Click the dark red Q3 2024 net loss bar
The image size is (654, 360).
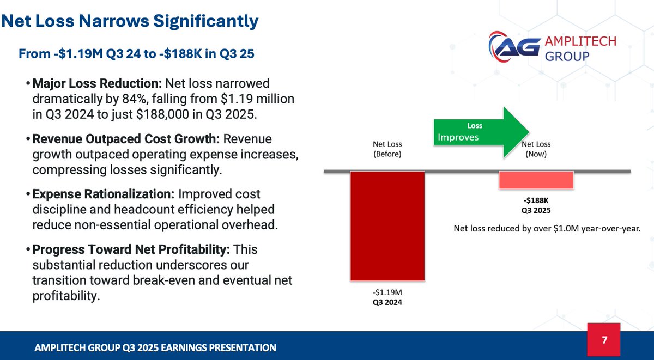tap(387, 226)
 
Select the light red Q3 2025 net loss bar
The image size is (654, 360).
tap(536, 180)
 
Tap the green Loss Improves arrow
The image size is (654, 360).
tap(481, 132)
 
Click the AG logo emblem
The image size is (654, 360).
tap(514, 47)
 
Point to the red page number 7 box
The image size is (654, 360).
tap(604, 340)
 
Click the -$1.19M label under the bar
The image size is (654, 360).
tap(387, 292)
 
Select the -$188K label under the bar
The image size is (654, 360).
tap(536, 200)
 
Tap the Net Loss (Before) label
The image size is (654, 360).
tap(387, 149)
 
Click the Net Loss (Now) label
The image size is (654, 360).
tap(536, 149)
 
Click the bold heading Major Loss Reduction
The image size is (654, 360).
tap(97, 83)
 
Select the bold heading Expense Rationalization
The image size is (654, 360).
tap(104, 194)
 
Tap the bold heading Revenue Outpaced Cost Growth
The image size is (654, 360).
tap(126, 139)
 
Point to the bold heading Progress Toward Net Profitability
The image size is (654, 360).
tap(131, 249)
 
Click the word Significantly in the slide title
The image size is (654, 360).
tap(206, 21)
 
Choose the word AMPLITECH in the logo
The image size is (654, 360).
tap(580, 41)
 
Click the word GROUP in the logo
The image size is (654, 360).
tap(567, 56)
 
